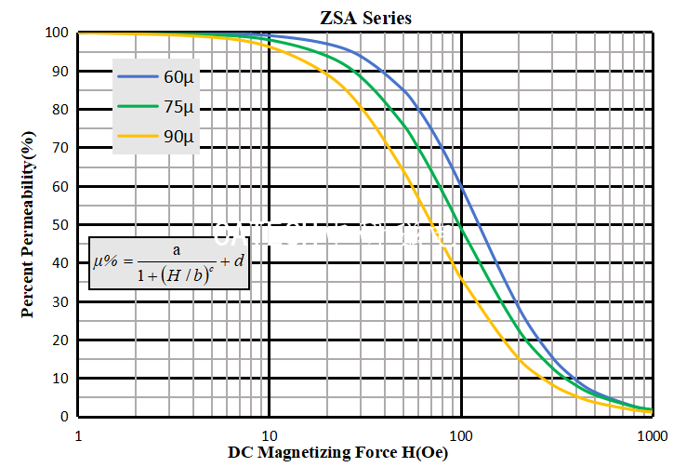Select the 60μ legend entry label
[178, 77]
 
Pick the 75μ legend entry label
[178, 107]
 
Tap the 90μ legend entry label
[178, 138]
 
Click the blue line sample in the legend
[138, 77]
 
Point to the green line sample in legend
[138, 107]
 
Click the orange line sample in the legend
[138, 138]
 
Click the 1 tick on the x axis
[78, 435]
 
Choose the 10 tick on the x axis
[270, 435]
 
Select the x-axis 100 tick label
[461, 435]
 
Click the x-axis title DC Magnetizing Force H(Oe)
[338, 453]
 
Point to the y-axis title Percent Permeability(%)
[28, 223]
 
